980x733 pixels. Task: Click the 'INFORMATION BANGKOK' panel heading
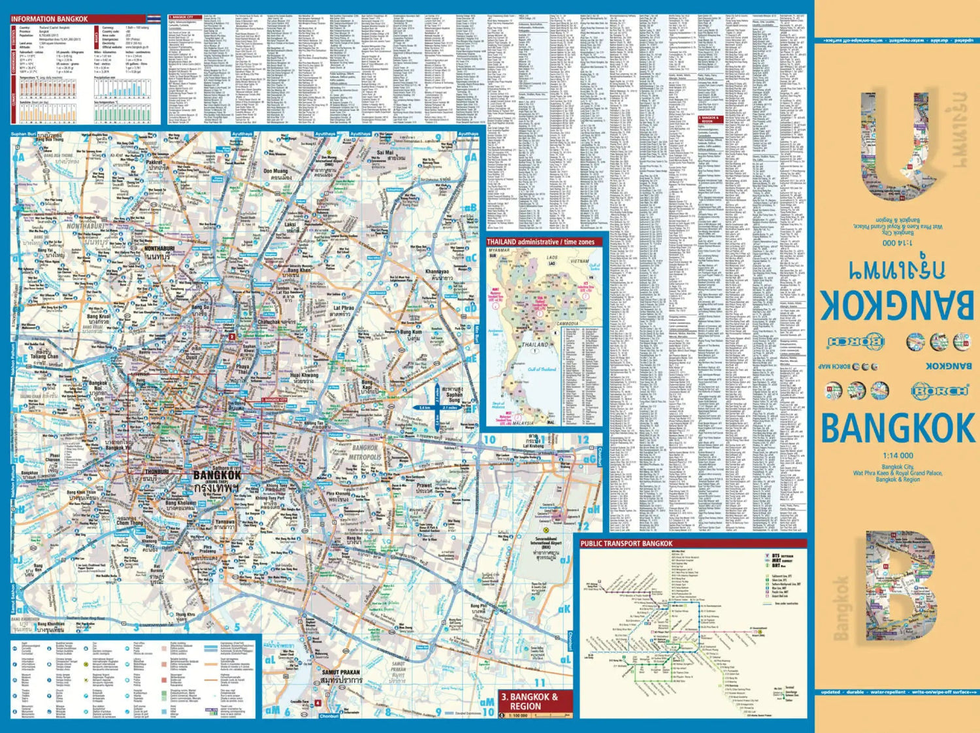49,19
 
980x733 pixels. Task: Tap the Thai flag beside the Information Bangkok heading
154,19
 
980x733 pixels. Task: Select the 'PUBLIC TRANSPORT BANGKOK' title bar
627,544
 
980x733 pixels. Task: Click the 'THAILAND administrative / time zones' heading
540,242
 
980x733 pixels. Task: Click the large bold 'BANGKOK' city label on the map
216,476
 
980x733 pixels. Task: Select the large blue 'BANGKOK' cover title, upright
898,429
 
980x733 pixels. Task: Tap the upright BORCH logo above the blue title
939,391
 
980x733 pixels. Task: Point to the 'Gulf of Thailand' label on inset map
542,370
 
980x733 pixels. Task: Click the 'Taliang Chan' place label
44,357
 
